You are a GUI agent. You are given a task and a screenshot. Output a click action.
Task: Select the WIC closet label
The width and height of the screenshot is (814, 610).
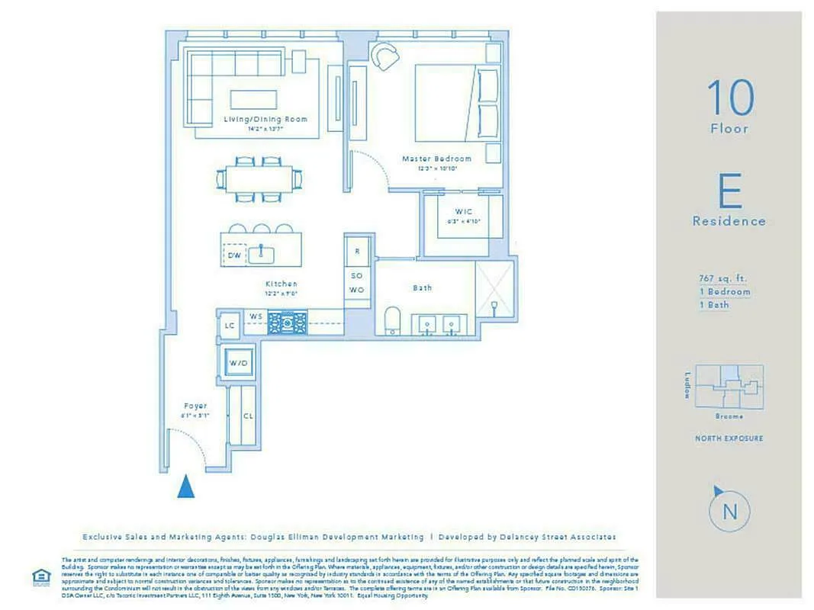pos(464,211)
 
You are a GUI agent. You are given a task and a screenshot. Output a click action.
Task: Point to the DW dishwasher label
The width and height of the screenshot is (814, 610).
pos(233,256)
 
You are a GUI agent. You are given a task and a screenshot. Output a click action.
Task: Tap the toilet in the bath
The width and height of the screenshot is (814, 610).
pos(393,320)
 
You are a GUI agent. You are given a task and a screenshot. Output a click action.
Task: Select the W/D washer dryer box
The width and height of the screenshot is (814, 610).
pos(239,363)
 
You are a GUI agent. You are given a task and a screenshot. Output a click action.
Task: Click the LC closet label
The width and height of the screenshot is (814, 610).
pos(229,326)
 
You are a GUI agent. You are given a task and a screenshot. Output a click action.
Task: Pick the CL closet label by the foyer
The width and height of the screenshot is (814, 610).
pos(248,416)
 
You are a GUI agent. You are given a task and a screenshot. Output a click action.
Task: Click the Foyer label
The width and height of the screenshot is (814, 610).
pos(195,406)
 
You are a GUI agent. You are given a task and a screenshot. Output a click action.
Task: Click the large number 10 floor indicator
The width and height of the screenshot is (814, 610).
pos(730,97)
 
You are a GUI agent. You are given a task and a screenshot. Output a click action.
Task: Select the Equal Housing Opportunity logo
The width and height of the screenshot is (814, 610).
pos(40,576)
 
